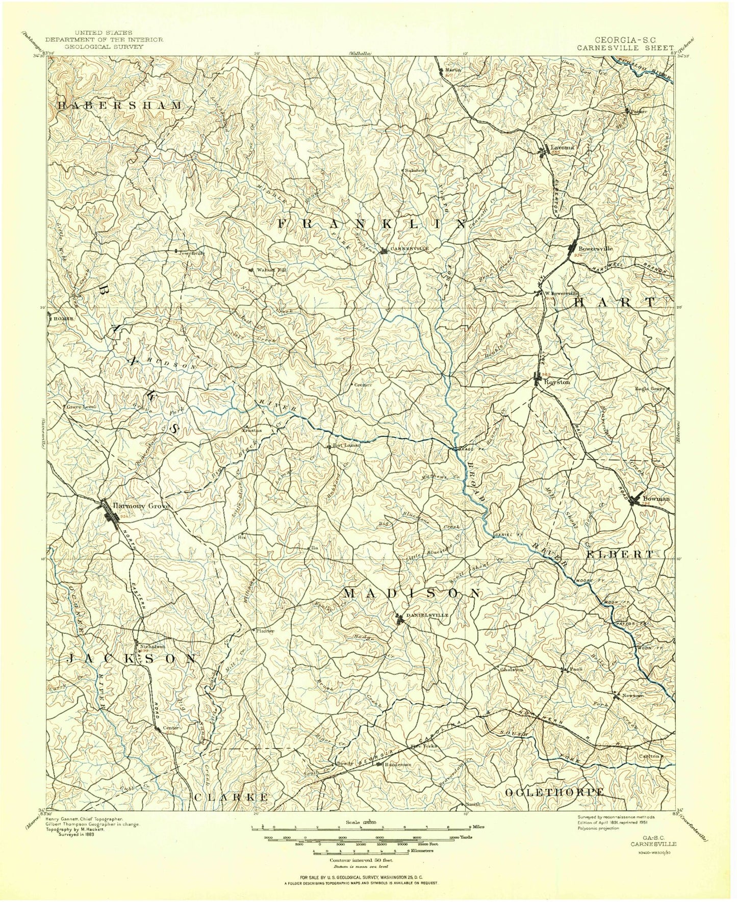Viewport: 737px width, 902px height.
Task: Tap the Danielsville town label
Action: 427,615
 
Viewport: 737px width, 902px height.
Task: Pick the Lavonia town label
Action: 563,147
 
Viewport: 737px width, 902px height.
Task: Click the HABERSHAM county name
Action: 119,106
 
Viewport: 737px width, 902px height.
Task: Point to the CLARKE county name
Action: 231,796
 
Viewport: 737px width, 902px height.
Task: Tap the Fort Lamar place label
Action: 347,445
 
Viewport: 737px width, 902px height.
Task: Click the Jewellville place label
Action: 191,252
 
